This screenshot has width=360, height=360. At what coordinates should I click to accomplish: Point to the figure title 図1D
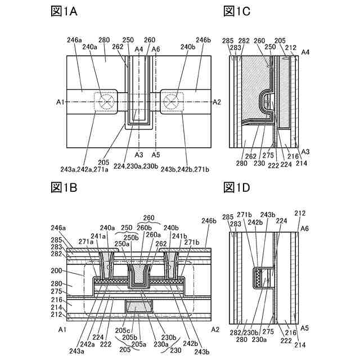click(x=236, y=186)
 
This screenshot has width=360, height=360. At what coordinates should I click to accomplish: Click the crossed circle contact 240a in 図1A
click(x=105, y=102)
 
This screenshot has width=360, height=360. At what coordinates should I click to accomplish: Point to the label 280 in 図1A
click(x=104, y=40)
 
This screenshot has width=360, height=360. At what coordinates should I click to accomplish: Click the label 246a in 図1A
click(x=74, y=40)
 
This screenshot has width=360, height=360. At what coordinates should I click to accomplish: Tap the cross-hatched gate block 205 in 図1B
click(x=139, y=308)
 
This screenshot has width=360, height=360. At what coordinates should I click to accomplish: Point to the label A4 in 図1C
click(x=305, y=52)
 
